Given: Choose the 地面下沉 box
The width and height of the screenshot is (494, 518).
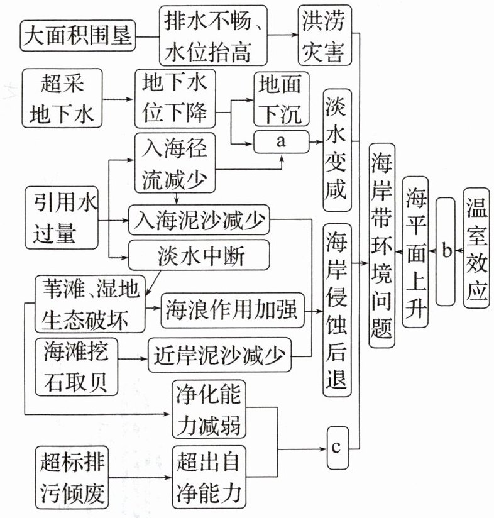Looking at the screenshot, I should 280,99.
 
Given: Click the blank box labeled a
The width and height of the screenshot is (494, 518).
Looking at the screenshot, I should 280,143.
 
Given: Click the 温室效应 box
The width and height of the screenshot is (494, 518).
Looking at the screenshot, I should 478,250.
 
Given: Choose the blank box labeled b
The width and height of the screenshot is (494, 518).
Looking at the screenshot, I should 445,251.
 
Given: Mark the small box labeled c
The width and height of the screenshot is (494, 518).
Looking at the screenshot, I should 336,447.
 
